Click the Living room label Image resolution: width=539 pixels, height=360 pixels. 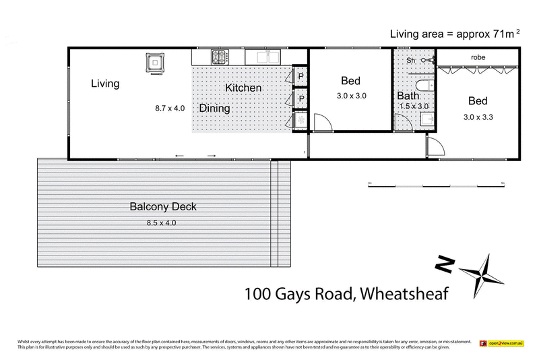(x=106, y=84)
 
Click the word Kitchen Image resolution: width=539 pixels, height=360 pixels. (x=243, y=88)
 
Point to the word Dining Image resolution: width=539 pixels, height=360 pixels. (x=214, y=109)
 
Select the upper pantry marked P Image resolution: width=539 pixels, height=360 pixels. (x=300, y=76)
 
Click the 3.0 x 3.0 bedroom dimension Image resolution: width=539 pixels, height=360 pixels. (x=351, y=96)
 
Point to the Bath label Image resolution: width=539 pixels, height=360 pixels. (x=408, y=96)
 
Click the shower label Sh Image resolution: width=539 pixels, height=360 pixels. (x=411, y=60)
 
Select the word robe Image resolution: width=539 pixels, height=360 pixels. (x=478, y=58)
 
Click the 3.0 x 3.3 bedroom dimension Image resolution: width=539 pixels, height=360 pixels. (x=478, y=117)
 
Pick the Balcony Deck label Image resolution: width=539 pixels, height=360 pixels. (x=163, y=207)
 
